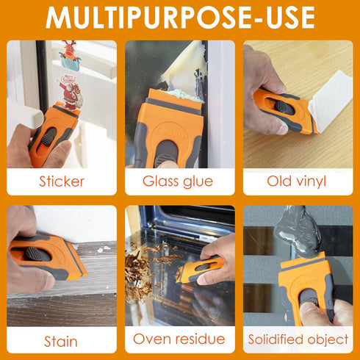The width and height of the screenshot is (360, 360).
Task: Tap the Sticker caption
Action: [62, 181]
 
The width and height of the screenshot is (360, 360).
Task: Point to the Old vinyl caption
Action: [298, 181]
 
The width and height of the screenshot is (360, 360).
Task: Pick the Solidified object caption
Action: [298, 339]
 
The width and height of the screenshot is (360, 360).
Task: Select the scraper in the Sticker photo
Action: [51, 132]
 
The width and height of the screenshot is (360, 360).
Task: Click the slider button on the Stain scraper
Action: [34, 253]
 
